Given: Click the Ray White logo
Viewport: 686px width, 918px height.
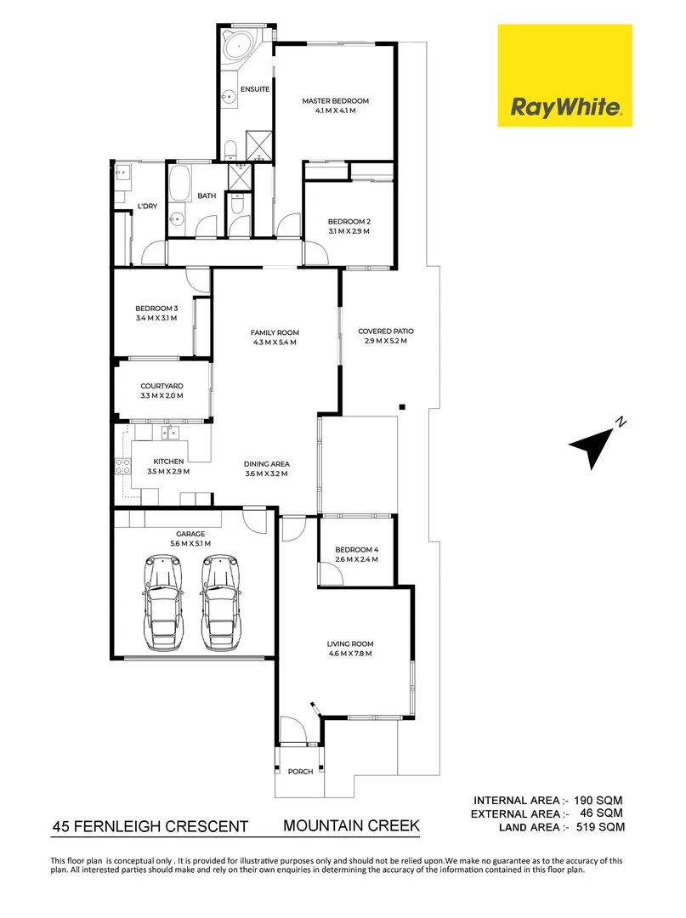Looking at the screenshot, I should (564, 76).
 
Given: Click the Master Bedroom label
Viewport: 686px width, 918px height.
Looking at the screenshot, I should (335, 101).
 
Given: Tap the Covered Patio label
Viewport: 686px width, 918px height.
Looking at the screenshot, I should (385, 331).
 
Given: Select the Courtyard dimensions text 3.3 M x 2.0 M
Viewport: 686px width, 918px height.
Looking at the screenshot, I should (162, 396).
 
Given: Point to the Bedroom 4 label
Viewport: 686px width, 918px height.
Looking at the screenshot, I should (356, 549).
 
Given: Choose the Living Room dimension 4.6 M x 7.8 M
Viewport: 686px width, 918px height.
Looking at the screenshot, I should (350, 654).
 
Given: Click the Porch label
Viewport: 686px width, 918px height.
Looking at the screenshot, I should (300, 772).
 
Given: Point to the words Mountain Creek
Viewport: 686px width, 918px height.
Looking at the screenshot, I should (351, 825).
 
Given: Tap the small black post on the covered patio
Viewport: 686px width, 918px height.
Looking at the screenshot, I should (403, 406).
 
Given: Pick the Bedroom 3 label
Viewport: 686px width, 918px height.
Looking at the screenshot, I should (156, 309).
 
